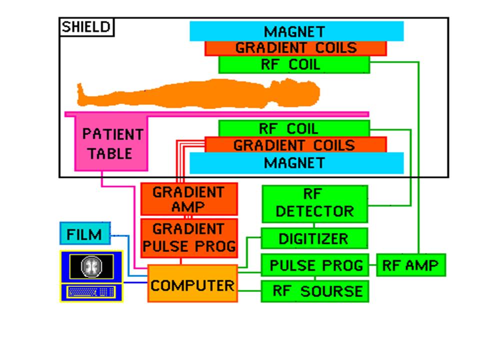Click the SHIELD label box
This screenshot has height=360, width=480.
pyautogui.click(x=86, y=27)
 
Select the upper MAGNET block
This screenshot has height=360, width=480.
pyautogui.click(x=296, y=31)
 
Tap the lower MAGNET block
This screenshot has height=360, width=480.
pyautogui.click(x=296, y=163)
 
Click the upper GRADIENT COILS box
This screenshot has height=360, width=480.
pyautogui.click(x=295, y=48)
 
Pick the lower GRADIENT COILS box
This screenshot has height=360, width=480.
pyautogui.click(x=295, y=145)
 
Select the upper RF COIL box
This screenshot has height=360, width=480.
pyautogui.click(x=294, y=64)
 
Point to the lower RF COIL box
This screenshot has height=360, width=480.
pyautogui.click(x=294, y=128)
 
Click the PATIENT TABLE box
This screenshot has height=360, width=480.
pyautogui.click(x=111, y=144)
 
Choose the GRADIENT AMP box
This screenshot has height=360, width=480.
pyautogui.click(x=188, y=199)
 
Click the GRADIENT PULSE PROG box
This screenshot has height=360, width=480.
pyautogui.click(x=188, y=237)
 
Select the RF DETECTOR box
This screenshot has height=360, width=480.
pyautogui.click(x=314, y=204)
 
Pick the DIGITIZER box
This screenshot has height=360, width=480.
pyautogui.click(x=314, y=238)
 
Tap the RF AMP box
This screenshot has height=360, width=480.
pyautogui.click(x=410, y=265)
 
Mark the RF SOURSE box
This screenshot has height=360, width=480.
pyautogui.click(x=314, y=291)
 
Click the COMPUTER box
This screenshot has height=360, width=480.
pyautogui.click(x=192, y=285)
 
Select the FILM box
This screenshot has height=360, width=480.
pyautogui.click(x=84, y=233)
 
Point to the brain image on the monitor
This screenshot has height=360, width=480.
pyautogui.click(x=91, y=265)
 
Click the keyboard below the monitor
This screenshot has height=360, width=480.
pyautogui.click(x=91, y=292)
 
